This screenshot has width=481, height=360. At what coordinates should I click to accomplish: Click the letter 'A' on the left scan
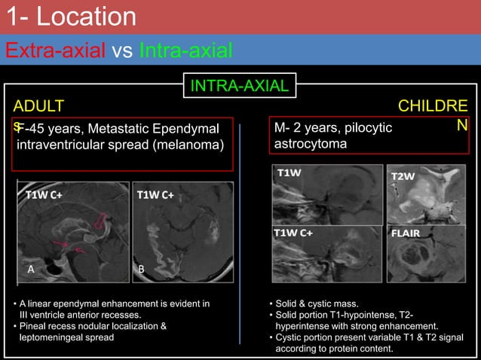[x=31, y=267]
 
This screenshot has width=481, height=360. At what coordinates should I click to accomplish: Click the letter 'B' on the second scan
[x=140, y=267]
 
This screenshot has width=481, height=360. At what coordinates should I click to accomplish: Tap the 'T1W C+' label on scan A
[x=44, y=194]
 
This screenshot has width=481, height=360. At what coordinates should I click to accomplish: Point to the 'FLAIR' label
[x=407, y=233]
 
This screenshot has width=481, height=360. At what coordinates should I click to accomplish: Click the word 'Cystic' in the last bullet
[x=292, y=337]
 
